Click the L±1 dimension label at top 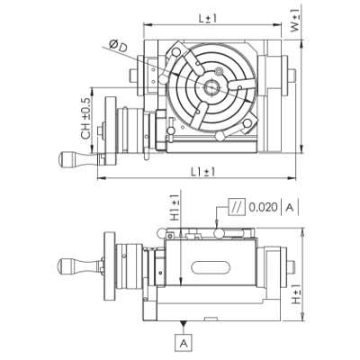pos(208,19)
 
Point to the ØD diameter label pos(119,46)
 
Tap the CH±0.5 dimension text pos(85,119)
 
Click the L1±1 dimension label pos(203,172)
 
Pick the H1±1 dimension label pos(175,207)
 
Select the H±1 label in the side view pos(296,294)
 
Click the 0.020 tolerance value pos(263,207)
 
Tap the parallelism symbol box pos(237,207)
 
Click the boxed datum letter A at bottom pos(184,342)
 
